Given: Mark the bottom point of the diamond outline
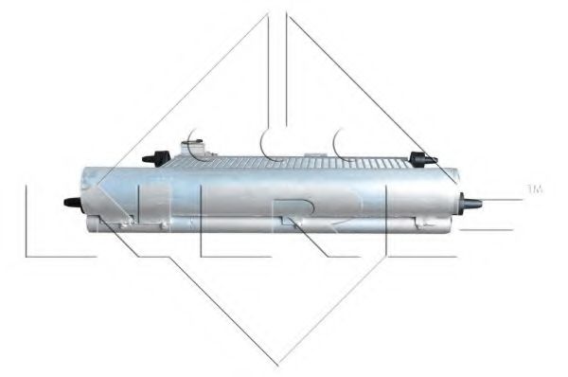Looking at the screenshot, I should pos(278,363).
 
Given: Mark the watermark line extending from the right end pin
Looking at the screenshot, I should pos(502,201).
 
